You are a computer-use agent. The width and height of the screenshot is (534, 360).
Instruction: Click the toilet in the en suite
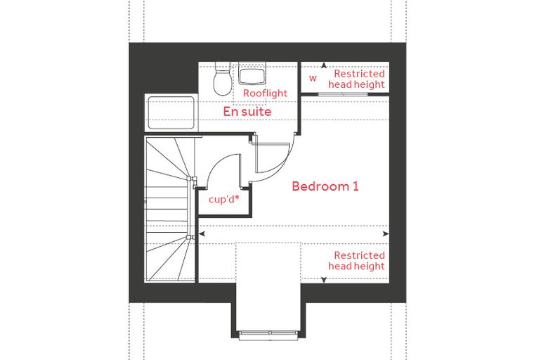tap(222, 79)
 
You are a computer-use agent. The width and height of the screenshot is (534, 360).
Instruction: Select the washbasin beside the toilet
tap(252, 74)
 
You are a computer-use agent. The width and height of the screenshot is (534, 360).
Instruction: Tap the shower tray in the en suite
tap(171, 112)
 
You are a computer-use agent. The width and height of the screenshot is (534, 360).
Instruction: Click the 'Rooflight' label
tap(265, 94)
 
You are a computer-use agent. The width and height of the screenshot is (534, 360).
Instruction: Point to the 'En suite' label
tap(247, 112)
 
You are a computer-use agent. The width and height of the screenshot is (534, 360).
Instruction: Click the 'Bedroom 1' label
tap(325, 186)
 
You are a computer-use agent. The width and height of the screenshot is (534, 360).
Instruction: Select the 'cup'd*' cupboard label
tap(223, 199)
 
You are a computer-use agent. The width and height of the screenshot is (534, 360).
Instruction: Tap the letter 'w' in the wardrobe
tap(313, 78)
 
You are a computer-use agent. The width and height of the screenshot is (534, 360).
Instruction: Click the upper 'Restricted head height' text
tap(356, 79)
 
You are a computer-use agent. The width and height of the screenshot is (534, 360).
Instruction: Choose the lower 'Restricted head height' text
tap(356, 260)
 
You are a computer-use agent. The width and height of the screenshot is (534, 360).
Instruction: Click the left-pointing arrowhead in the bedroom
tap(202, 234)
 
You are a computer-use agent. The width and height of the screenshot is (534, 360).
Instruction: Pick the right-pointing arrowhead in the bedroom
tap(386, 234)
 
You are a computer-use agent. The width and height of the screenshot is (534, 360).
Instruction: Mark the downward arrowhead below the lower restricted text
tap(324, 280)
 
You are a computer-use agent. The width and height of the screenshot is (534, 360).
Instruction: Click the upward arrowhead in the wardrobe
tap(324, 65)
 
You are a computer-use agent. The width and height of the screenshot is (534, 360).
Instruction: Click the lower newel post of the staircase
tap(189, 236)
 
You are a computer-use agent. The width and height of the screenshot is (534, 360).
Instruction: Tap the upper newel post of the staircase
tap(189, 179)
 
